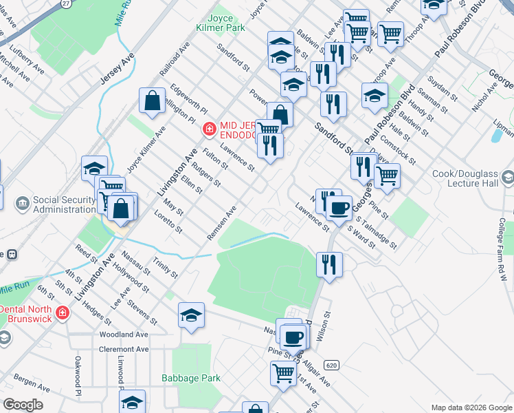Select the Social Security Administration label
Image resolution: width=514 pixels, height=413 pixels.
tap(66, 204)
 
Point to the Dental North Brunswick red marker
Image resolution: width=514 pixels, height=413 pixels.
tap(63, 313)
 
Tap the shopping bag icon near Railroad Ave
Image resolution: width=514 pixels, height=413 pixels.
tap(152, 100)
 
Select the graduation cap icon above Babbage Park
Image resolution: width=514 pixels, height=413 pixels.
tap(191, 315)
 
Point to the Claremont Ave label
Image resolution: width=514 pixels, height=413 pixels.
tap(124, 349)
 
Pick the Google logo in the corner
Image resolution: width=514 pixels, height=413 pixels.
tap(23, 405)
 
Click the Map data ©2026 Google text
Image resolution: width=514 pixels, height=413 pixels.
tap(471, 407)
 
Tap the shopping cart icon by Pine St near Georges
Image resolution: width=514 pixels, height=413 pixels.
tap(387, 175)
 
